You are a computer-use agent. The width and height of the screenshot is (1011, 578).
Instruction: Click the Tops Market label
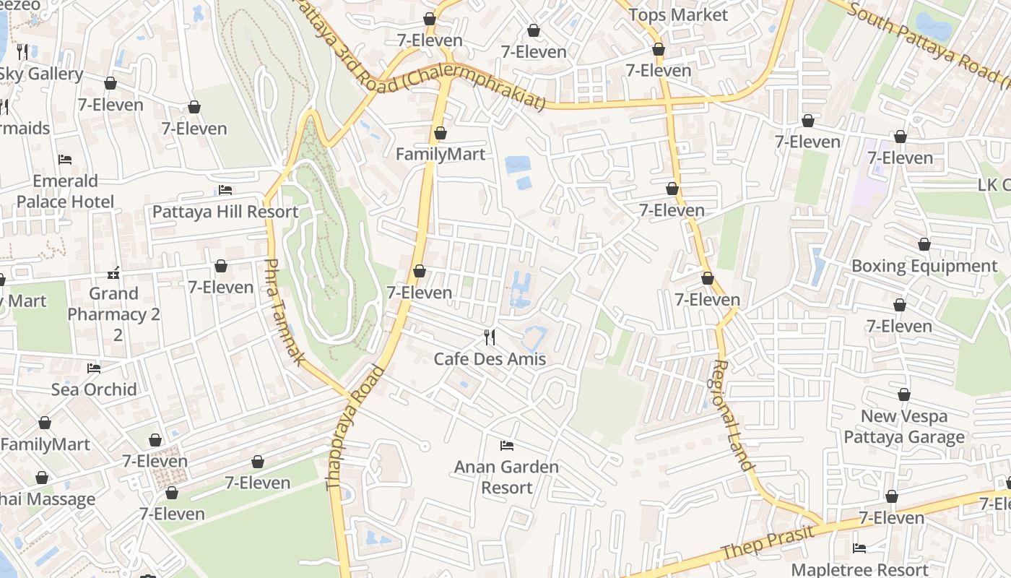point(678,14)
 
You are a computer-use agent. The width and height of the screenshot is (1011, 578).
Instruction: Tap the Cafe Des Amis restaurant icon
point(490,337)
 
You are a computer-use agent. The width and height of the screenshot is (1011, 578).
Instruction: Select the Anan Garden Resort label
point(506,477)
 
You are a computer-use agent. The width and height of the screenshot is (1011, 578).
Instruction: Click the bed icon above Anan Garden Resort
point(507,445)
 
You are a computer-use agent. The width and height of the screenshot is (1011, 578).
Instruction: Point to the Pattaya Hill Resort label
point(225,212)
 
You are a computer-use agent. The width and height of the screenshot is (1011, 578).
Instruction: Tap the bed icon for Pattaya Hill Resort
point(225,190)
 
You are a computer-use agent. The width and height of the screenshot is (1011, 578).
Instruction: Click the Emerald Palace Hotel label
point(65,191)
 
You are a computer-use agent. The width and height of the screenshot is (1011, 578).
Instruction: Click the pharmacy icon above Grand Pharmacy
point(113,273)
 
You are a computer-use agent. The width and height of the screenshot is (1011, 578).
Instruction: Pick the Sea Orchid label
point(94,389)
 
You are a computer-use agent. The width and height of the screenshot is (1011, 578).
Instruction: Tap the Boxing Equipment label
point(924,266)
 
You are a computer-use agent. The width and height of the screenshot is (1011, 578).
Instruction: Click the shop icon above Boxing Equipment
point(924,244)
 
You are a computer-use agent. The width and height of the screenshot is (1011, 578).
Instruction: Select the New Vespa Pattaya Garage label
point(903,426)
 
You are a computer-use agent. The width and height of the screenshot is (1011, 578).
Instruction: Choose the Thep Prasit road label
point(768,543)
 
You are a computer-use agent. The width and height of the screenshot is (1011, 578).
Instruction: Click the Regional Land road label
point(732,415)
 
